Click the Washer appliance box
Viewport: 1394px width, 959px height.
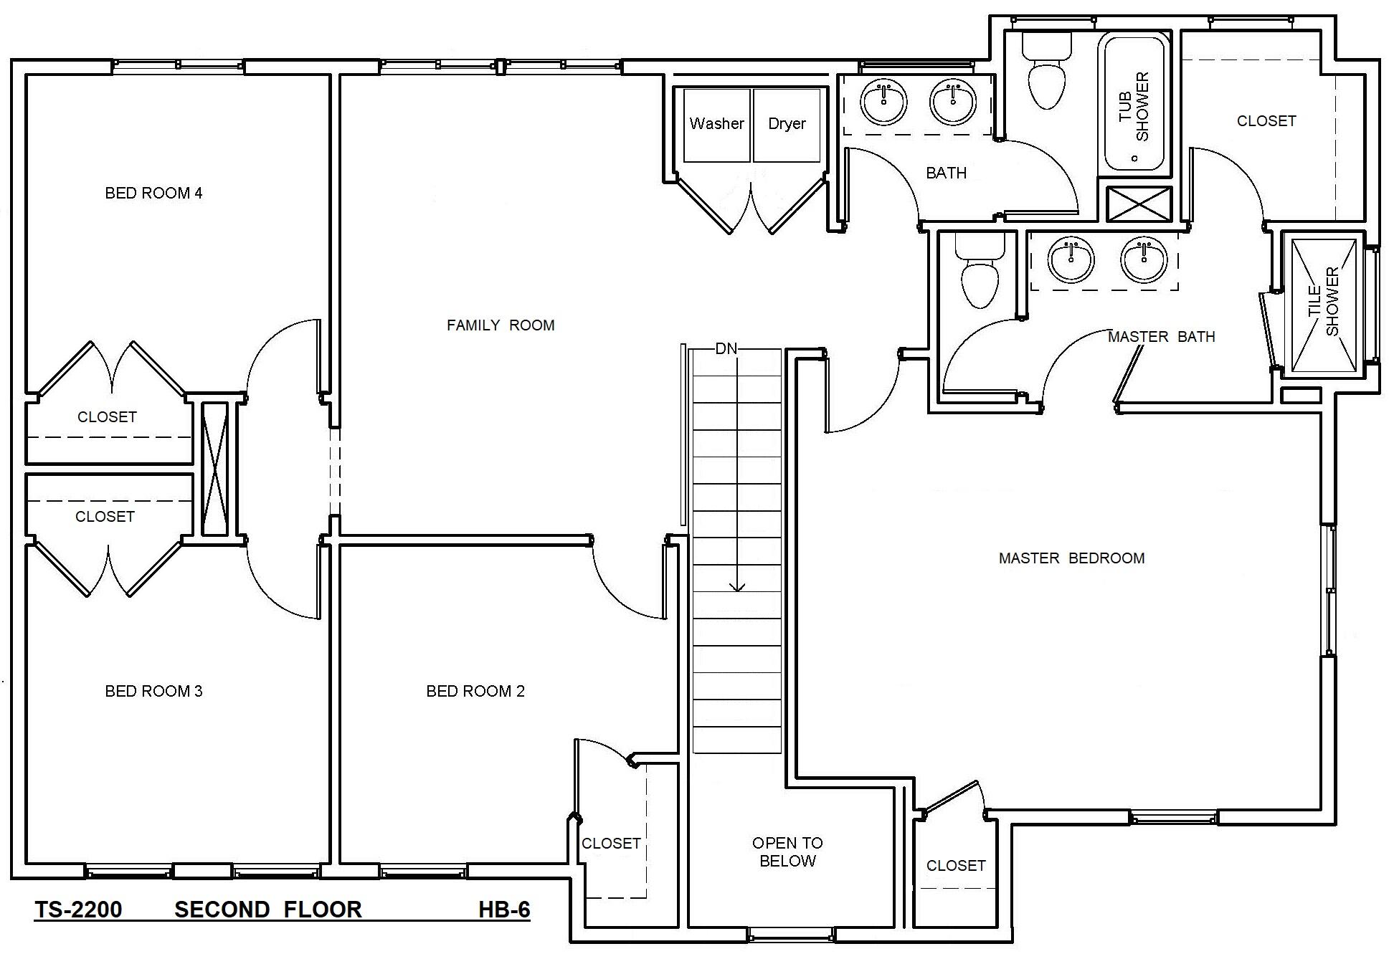point(716,125)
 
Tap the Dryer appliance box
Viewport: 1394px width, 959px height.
point(787,125)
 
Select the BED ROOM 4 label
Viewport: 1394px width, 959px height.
point(153,193)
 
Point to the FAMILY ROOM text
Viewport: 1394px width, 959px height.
point(501,325)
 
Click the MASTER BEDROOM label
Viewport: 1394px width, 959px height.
point(1071,558)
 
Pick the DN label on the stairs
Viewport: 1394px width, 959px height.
point(726,349)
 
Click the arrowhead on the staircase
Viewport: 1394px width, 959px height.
point(737,587)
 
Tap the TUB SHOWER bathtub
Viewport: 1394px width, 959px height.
point(1134,104)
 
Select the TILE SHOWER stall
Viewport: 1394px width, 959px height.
point(1324,305)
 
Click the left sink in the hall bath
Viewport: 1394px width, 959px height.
point(883,102)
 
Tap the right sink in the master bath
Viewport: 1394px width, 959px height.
point(1144,259)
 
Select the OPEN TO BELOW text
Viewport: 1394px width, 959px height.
point(787,851)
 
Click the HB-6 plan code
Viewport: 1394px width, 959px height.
point(504,910)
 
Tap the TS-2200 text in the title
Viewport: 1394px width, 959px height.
point(79,910)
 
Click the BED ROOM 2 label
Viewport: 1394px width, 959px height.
point(475,691)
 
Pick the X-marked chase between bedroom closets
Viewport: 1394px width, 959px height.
point(214,469)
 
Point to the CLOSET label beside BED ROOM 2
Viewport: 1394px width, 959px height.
point(611,844)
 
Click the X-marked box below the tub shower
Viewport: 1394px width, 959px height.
point(1138,204)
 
